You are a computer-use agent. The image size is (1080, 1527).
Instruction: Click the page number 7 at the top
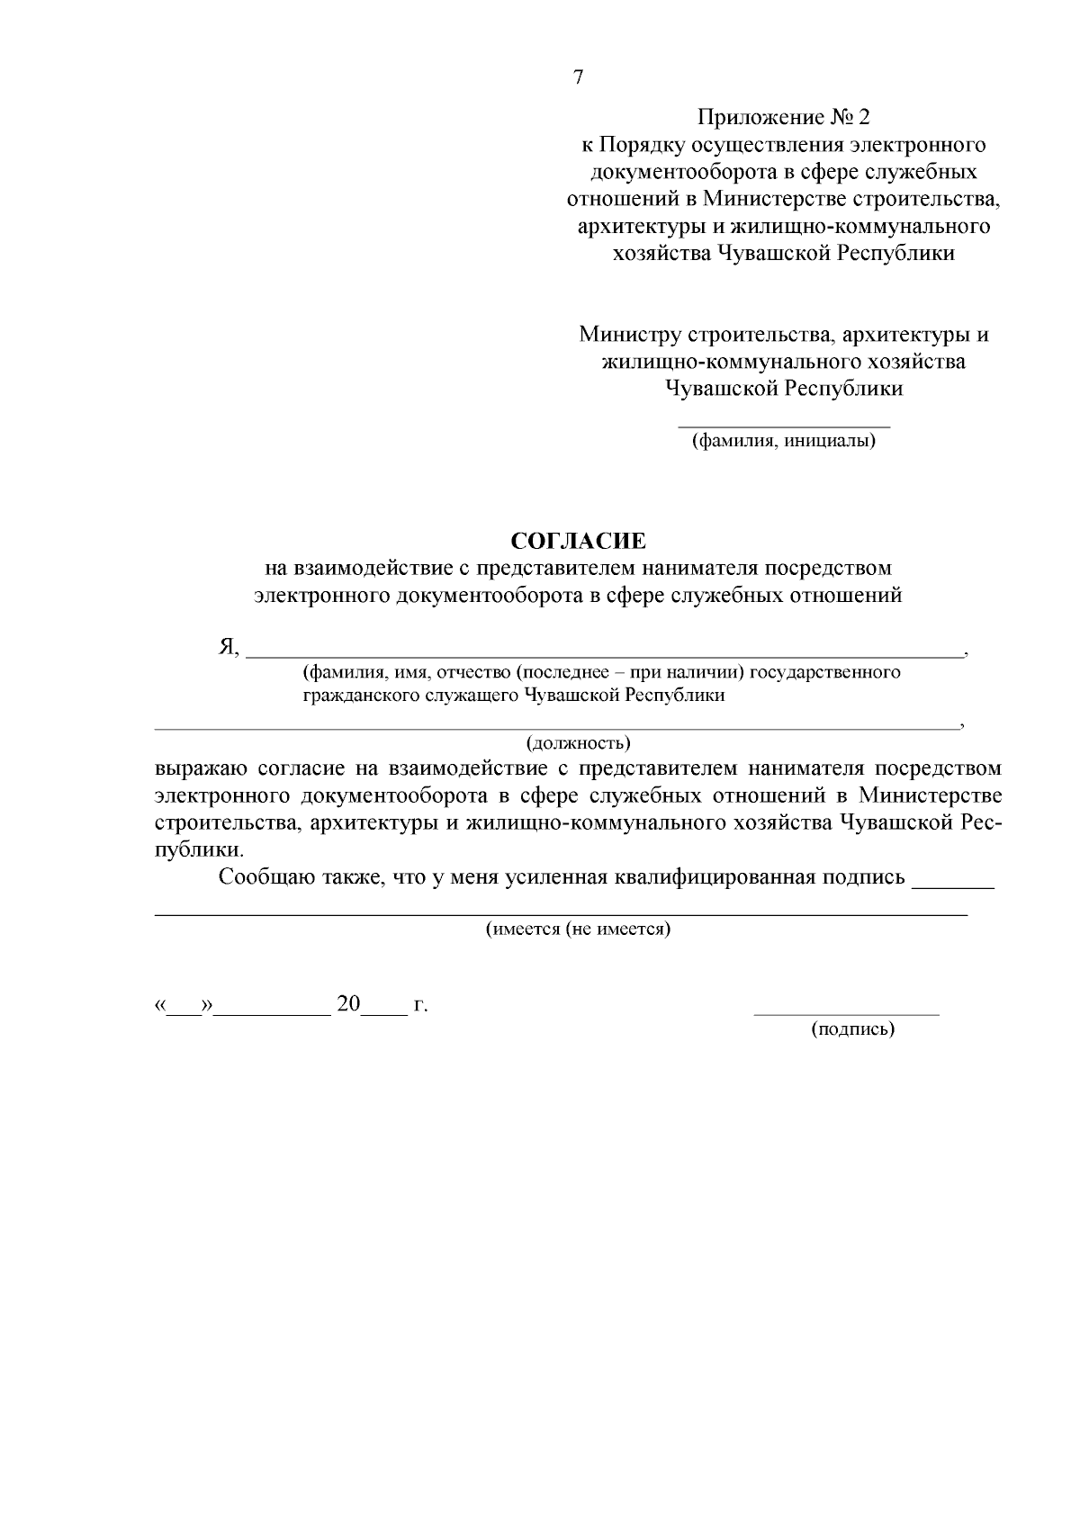[579, 77]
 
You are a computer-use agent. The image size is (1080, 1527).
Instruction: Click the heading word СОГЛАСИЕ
[579, 541]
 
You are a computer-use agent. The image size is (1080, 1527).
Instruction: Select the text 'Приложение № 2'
[784, 118]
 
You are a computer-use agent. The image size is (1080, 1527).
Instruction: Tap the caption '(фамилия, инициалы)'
[783, 442]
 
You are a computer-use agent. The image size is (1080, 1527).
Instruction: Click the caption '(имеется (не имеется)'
[579, 929]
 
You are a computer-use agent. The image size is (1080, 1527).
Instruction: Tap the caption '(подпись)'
[852, 1028]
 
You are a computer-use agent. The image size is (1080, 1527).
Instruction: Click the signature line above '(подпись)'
[846, 1014]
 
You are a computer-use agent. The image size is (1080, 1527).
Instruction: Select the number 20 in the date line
[347, 1003]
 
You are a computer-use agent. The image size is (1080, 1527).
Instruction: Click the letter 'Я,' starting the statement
[229, 647]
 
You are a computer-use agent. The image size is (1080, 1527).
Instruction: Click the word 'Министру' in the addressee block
[630, 335]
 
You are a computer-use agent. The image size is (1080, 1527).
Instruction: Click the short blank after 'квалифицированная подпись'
[953, 885]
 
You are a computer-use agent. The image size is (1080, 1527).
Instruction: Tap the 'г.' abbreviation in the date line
[419, 1005]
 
